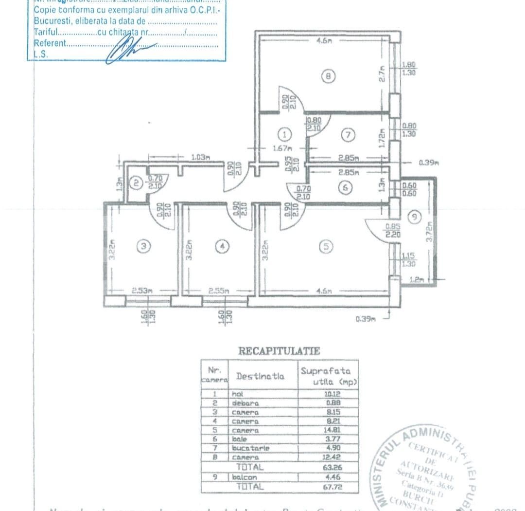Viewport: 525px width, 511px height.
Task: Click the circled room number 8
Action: pos(329,76)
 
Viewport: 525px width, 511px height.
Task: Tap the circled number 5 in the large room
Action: pos(327,247)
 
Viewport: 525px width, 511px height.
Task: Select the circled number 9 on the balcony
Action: pos(414,218)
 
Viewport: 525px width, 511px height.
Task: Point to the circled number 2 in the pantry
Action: pos(137,183)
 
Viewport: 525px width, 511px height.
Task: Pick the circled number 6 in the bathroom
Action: pos(345,188)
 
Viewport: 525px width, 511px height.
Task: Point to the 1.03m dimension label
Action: pos(201,157)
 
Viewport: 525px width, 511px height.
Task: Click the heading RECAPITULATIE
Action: pos(279,350)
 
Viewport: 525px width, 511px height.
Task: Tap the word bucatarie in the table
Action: pos(250,448)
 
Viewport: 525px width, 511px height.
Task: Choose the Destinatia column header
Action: pos(260,376)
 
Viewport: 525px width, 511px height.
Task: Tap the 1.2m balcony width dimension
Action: pos(417,280)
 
